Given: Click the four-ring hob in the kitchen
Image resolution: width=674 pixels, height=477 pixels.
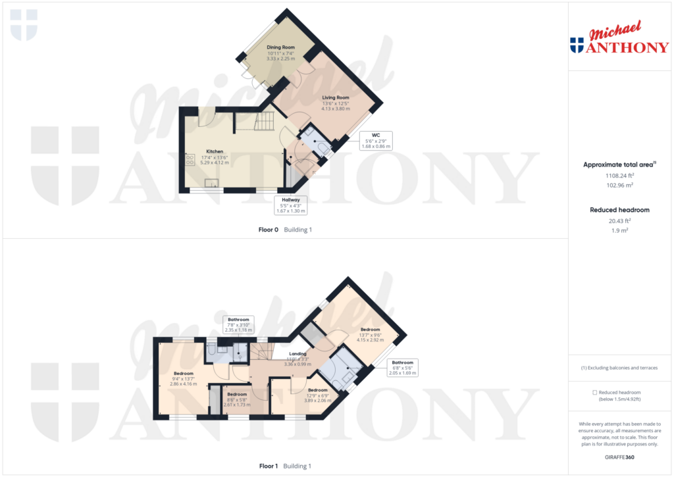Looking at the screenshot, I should click(190, 160).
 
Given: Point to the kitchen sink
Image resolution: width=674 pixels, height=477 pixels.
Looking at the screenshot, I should click(212, 184).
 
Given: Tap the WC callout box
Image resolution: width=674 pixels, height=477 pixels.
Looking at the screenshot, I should click(376, 141).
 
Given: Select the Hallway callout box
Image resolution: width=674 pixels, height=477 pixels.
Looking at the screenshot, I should click(291, 205).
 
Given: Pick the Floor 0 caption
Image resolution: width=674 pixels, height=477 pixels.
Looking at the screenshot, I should click(285, 230).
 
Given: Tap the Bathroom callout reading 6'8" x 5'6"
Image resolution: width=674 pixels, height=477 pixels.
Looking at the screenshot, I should click(402, 367).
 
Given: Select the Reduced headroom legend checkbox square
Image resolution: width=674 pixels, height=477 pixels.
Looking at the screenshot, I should click(595, 392).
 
